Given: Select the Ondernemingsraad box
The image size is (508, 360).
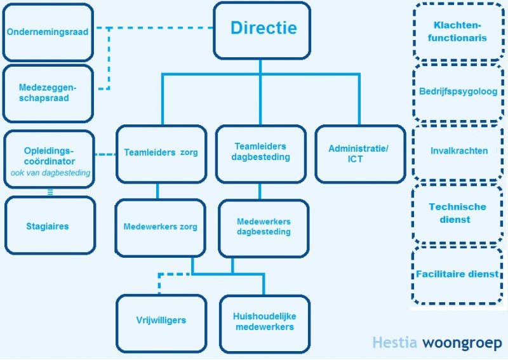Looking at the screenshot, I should pos(48,32).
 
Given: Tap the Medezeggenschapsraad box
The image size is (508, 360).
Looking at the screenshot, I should pos(48,93).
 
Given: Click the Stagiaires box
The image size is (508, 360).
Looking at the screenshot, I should pos(50,225).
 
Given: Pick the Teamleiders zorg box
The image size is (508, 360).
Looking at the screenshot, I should pos(161,153).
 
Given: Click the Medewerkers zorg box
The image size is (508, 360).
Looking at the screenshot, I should pos(160,227).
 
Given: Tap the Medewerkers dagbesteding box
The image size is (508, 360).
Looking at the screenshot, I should pos(263,227).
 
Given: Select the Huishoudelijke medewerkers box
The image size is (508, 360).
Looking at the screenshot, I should pos(264,322).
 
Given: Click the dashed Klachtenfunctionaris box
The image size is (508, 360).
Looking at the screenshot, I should pos(457,32).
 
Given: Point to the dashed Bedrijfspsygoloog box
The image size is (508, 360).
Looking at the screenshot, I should pos(457,91).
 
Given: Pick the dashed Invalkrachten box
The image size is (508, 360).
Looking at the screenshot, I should pos(457,151).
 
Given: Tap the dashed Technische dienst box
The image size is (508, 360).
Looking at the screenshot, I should pos(457,213).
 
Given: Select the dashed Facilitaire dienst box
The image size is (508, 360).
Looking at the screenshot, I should pos(457,274).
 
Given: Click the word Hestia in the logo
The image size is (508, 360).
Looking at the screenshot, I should pos(395,343).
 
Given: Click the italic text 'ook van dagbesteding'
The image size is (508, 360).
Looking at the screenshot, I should pos(50,173).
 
